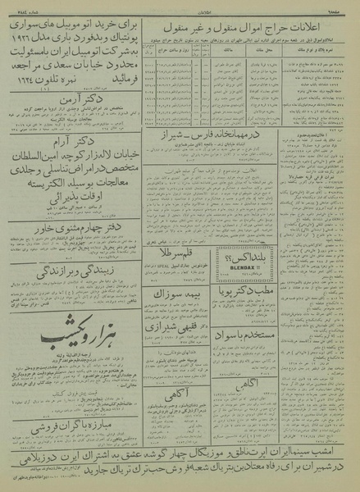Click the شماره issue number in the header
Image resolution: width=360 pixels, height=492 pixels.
27,7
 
